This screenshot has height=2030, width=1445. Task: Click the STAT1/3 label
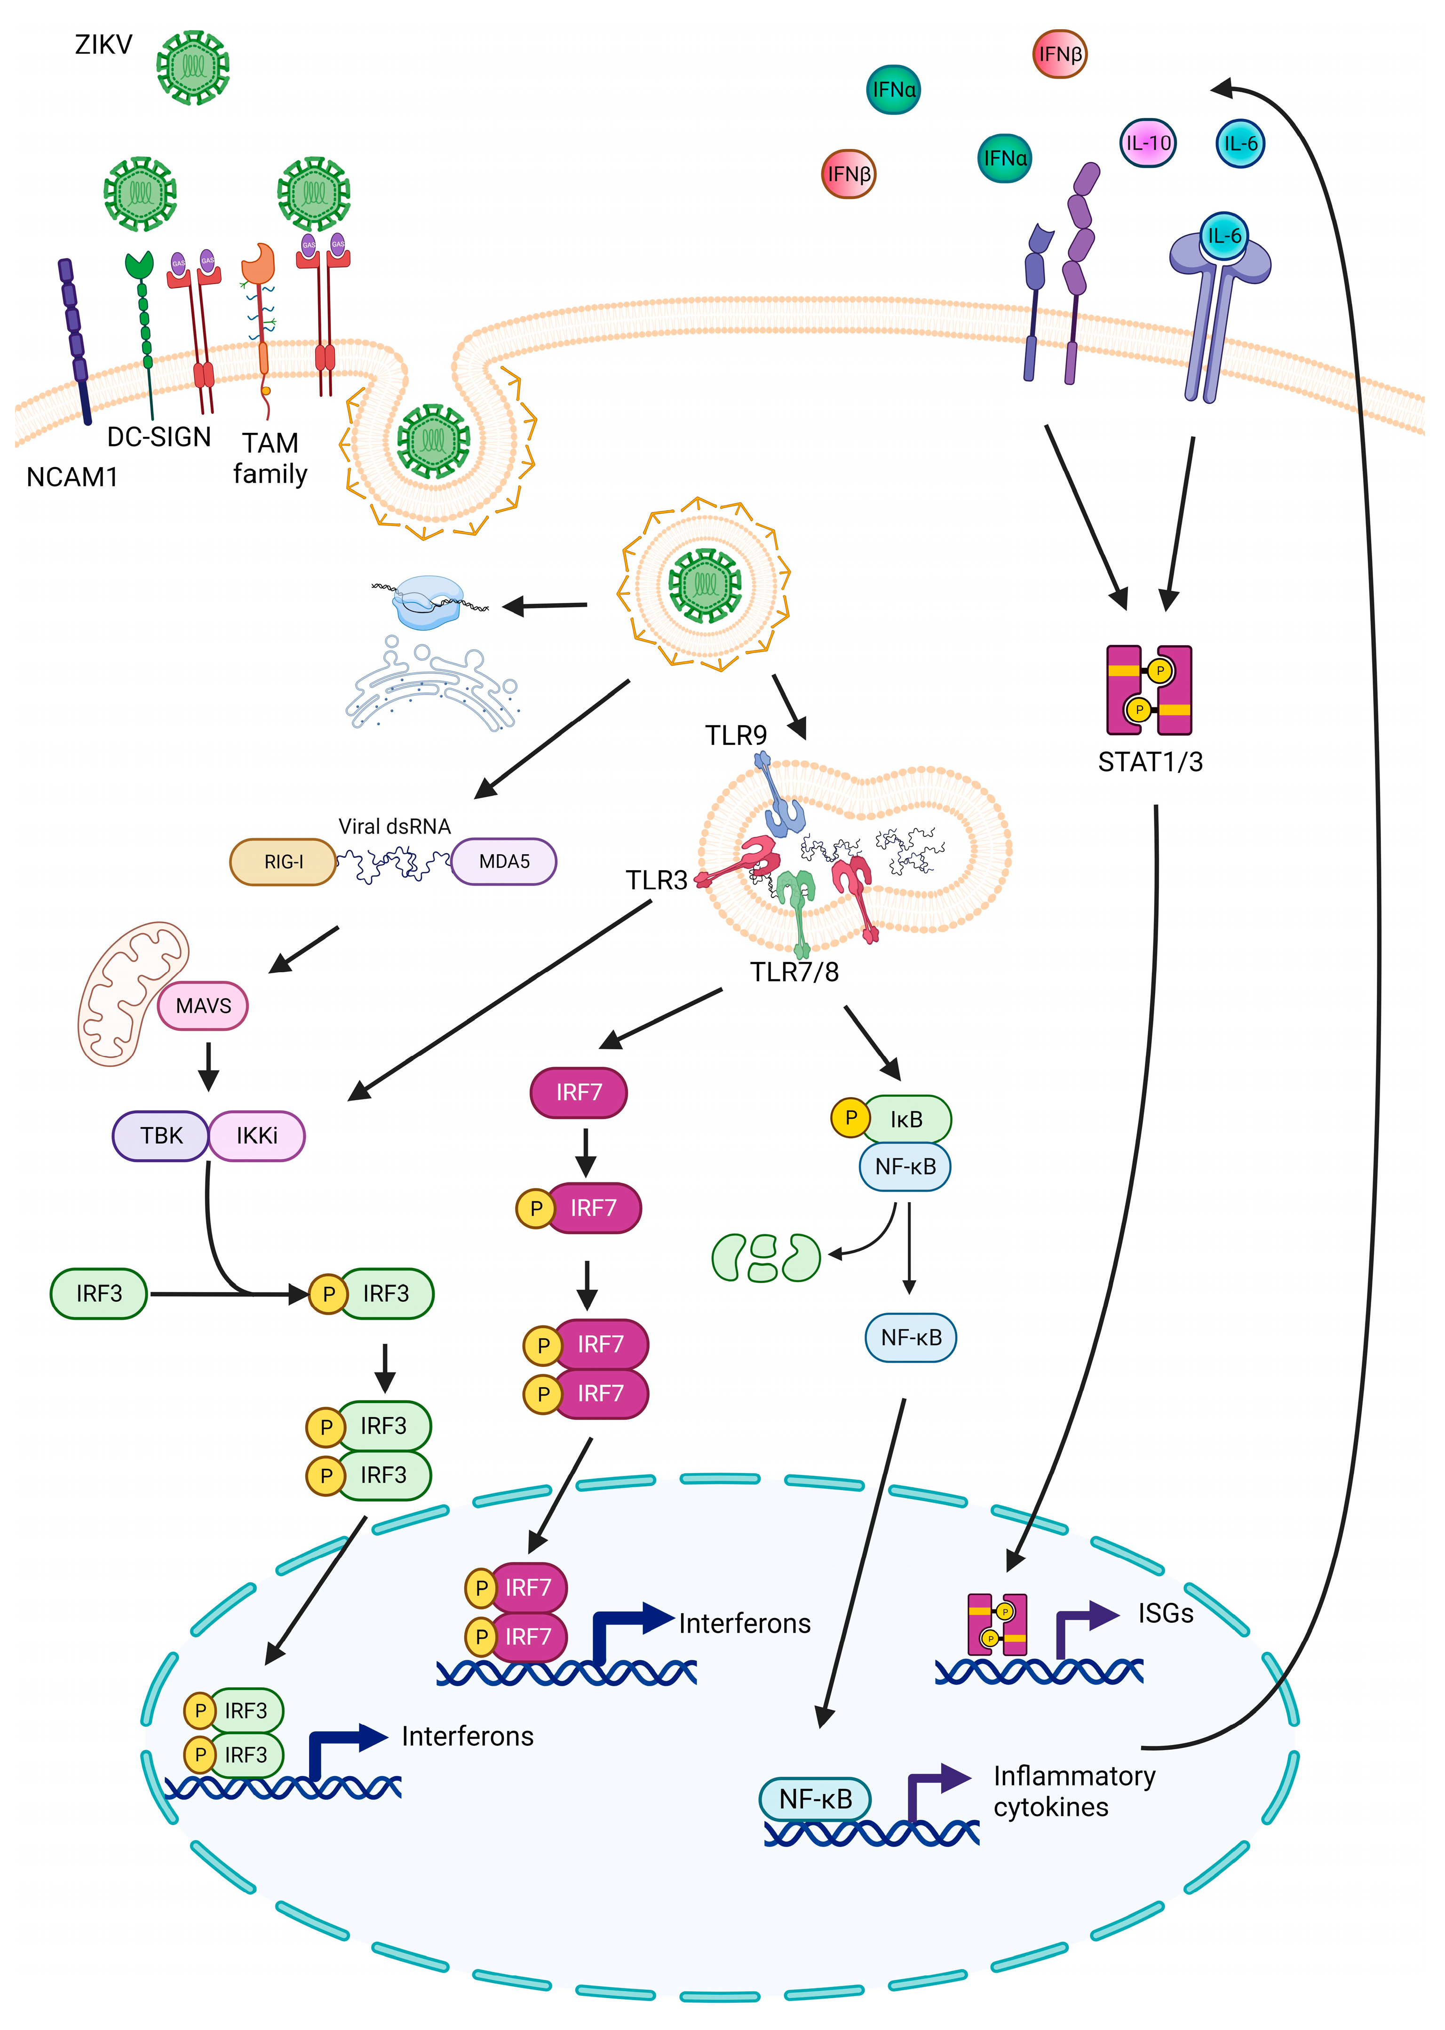[x=1150, y=762]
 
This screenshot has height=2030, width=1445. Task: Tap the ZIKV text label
[x=103, y=45]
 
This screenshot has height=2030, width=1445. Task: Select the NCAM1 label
[x=72, y=478]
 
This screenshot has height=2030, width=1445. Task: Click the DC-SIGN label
[x=159, y=437]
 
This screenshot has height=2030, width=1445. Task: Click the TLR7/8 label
[x=794, y=972]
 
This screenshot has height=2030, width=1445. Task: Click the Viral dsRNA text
[x=394, y=826]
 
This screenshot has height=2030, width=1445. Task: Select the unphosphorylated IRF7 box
[x=579, y=1093]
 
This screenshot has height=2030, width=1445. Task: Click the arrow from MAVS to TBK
[x=208, y=1066]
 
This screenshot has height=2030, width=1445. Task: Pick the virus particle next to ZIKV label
[x=193, y=68]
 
